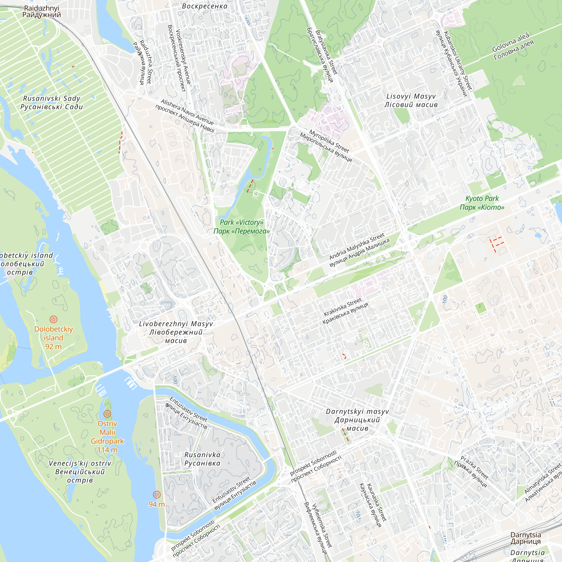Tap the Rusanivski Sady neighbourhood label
51,102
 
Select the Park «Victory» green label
241,226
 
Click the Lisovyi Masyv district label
411,100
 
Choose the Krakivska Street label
345,311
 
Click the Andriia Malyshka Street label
359,250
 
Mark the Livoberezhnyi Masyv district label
176,332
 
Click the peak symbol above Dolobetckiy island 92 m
53,319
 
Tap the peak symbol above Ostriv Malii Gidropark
107,414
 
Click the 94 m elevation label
157,504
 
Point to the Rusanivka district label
202,459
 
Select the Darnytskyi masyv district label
357,420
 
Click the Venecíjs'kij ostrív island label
80,472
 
